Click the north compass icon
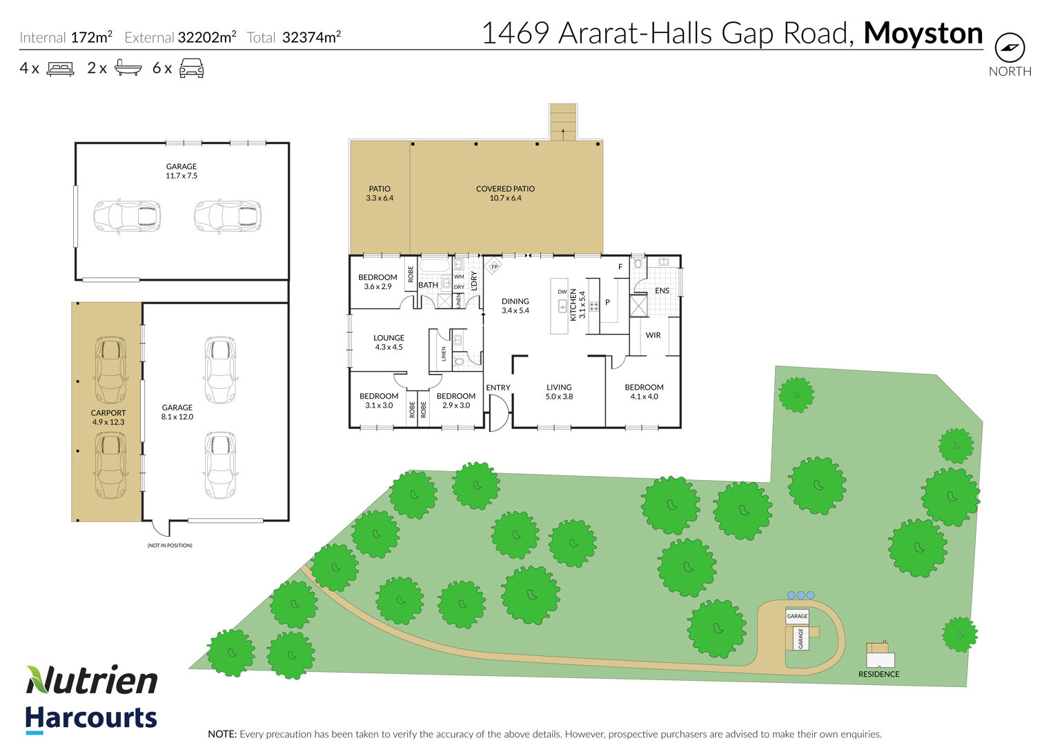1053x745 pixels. tap(1010, 48)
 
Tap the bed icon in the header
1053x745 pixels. tap(60, 68)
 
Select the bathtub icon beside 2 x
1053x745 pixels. tap(128, 68)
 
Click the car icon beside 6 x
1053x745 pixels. tap(191, 68)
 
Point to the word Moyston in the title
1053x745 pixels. tap(923, 33)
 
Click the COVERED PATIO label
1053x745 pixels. tap(505, 189)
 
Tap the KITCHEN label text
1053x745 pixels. tap(573, 305)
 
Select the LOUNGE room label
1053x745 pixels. tap(388, 338)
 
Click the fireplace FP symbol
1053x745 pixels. tap(493, 266)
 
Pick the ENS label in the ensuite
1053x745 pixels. tap(662, 291)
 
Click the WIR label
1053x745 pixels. tap(653, 335)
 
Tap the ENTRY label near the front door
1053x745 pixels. tap(498, 388)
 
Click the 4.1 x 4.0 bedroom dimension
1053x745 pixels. tap(644, 397)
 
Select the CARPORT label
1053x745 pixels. tap(108, 413)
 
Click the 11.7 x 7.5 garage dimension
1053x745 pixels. tap(181, 176)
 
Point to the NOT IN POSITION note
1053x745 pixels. tap(170, 545)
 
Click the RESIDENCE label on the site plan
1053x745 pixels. tap(878, 674)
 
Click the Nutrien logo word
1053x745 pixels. tap(92, 680)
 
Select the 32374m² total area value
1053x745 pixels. tap(311, 37)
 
